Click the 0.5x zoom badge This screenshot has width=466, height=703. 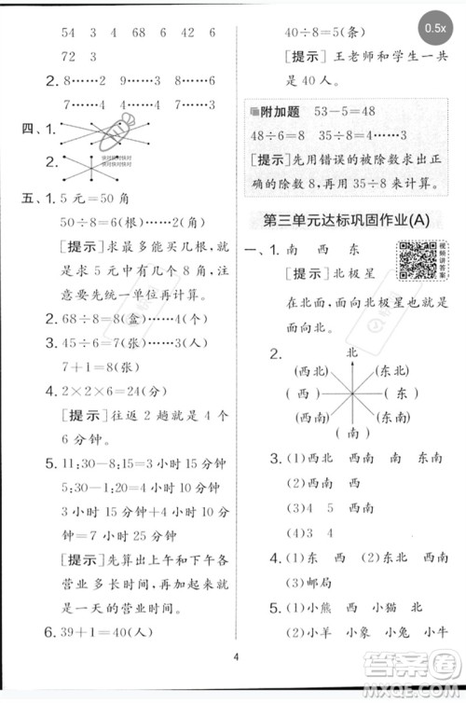435,29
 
